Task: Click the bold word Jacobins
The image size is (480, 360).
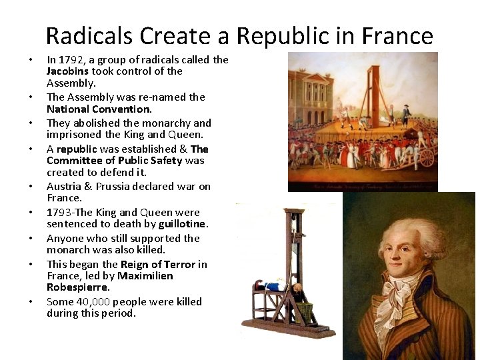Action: (x=68, y=71)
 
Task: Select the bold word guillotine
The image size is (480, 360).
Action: (x=183, y=223)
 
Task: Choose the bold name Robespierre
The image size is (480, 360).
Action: (x=77, y=287)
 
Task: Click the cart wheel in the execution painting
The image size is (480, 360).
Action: (x=426, y=157)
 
